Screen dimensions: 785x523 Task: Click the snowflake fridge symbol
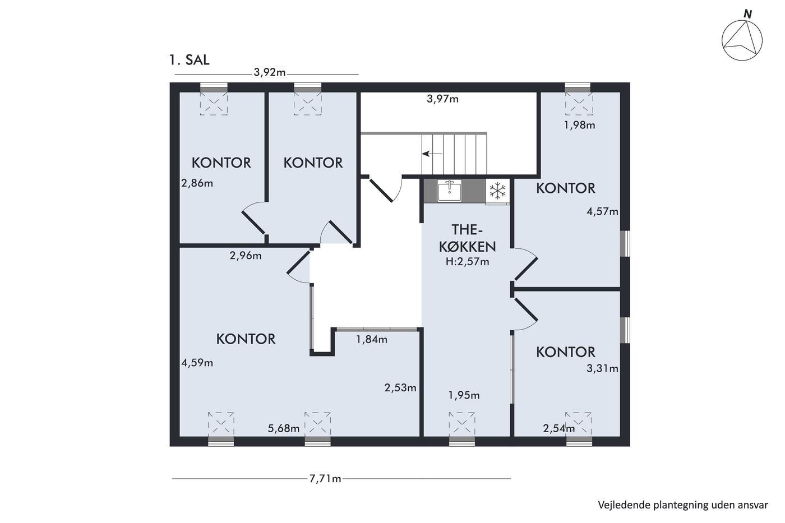point(498,191)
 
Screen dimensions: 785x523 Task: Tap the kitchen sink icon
point(449,191)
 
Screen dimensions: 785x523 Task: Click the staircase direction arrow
point(432,154)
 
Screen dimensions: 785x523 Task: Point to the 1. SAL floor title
point(190,60)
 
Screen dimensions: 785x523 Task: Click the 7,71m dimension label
point(325,479)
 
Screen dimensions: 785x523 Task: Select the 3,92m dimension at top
point(270,72)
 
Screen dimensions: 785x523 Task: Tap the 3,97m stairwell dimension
point(442,99)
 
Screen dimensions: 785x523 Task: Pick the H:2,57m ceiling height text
point(467,262)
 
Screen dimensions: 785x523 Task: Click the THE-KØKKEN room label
point(467,238)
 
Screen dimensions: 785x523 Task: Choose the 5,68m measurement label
point(284,428)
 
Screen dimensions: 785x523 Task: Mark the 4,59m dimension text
point(197,363)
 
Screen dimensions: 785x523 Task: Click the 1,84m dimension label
point(371,340)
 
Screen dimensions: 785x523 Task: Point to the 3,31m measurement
point(602,368)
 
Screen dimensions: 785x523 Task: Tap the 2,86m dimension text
point(197,183)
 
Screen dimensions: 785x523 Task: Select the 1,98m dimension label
point(579,125)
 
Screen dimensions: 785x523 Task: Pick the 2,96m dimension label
point(246,256)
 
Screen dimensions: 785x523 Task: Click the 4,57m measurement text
point(602,211)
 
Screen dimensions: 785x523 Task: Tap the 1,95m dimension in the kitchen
point(464,396)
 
